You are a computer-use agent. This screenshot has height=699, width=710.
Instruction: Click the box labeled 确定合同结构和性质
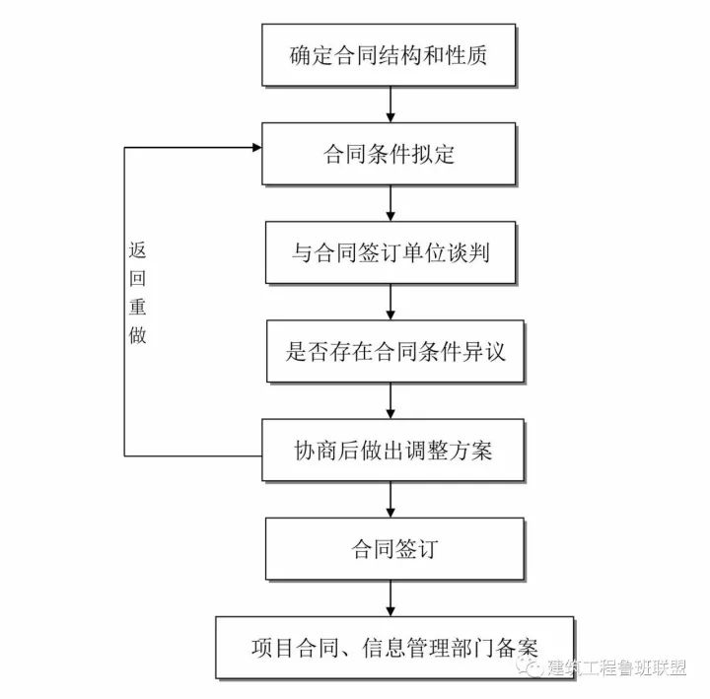[x=390, y=53]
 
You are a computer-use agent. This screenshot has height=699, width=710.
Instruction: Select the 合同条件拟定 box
[x=390, y=154]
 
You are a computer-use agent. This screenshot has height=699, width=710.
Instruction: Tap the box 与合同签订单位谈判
[x=390, y=252]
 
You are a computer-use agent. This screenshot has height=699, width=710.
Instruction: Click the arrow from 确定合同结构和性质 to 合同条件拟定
[x=391, y=104]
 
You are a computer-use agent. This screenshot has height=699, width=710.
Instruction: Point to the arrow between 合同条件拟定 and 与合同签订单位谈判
[x=391, y=203]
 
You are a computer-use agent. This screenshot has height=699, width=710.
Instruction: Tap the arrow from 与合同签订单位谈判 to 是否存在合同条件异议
[x=391, y=302]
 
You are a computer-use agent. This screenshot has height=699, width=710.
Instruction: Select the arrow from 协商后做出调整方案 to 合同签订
[x=391, y=500]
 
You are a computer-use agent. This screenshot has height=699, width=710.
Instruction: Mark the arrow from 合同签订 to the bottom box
[x=391, y=597]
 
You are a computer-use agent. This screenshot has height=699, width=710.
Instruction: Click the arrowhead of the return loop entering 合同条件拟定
[x=255, y=148]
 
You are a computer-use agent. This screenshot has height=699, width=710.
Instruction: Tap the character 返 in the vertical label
[x=137, y=251]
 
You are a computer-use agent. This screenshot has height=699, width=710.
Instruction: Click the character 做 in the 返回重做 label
[x=137, y=334]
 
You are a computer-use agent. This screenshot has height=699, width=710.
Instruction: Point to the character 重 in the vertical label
[x=137, y=307]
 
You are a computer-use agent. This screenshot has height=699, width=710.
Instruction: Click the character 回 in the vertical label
[x=137, y=279]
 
